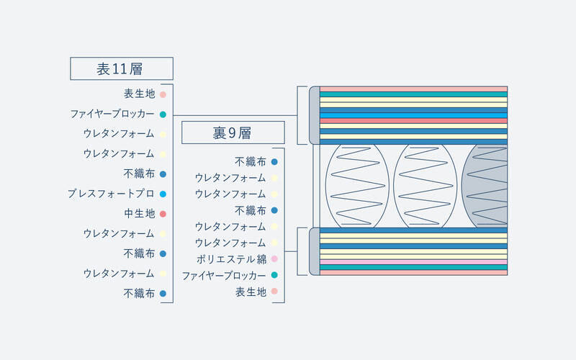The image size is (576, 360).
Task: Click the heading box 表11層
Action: tap(122, 68)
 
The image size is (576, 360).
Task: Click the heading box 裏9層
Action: tap(233, 132)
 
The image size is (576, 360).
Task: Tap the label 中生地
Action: tap(140, 213)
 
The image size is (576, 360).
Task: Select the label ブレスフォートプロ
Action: tap(111, 194)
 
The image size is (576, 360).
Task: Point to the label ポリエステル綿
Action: tap(231, 259)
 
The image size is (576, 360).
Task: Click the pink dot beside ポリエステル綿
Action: tap(274, 259)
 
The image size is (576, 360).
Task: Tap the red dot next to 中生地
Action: tap(163, 214)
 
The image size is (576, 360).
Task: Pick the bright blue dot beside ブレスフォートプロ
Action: tap(163, 194)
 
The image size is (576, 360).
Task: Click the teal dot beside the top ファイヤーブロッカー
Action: tap(163, 114)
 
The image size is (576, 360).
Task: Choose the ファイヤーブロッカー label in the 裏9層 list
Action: tap(224, 276)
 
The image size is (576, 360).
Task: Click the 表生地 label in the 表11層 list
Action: tap(140, 94)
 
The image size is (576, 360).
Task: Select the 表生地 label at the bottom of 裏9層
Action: tap(251, 292)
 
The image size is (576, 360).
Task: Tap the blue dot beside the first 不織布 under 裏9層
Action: tap(274, 161)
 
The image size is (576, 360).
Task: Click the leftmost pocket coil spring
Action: tap(357, 186)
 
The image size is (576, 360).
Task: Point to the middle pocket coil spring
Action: tap(425, 186)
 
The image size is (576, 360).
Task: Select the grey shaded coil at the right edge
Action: tap(485, 186)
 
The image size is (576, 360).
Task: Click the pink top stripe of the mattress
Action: tap(413, 89)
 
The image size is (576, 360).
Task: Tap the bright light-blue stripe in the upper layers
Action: tap(413, 115)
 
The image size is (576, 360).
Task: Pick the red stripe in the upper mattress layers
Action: tap(413, 120)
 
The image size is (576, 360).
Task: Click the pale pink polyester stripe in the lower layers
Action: tap(413, 262)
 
